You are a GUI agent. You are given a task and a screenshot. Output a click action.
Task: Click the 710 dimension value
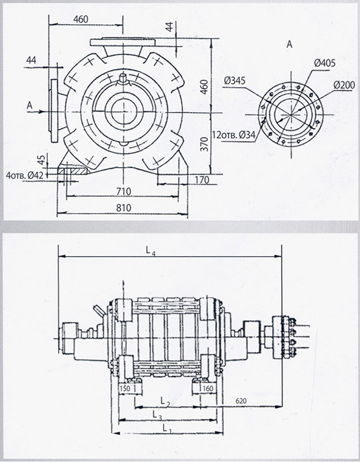coord(124,191)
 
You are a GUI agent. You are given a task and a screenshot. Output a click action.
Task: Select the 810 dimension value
coord(124,208)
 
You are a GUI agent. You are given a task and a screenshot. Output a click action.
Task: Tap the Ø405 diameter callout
coord(325,63)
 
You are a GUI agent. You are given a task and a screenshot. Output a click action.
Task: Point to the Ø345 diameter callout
coord(235,80)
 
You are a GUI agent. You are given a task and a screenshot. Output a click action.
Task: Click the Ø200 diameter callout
coord(344,85)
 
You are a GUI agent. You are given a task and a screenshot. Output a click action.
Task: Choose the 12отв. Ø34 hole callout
coord(234,135)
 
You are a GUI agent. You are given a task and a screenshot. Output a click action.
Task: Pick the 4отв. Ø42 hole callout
coord(25,176)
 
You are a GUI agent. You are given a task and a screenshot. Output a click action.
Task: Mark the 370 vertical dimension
coord(204,144)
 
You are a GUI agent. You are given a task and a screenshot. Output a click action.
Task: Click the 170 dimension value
coord(202,179)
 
